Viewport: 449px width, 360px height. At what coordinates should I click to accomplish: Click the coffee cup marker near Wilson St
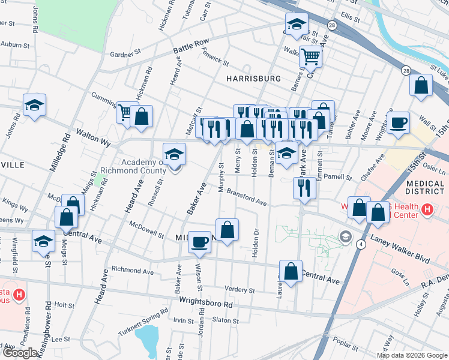tap(199, 242)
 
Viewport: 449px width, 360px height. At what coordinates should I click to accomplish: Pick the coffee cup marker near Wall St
tap(399, 123)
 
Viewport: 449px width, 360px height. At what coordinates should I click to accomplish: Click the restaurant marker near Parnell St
tap(304, 188)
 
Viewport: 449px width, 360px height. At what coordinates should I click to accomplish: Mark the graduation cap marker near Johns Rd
tap(35, 104)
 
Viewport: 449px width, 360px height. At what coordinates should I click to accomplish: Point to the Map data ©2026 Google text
tap(412, 355)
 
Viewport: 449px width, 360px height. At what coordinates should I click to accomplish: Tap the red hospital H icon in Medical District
tap(427, 210)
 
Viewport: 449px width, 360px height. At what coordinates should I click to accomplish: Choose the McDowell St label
tap(146, 229)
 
